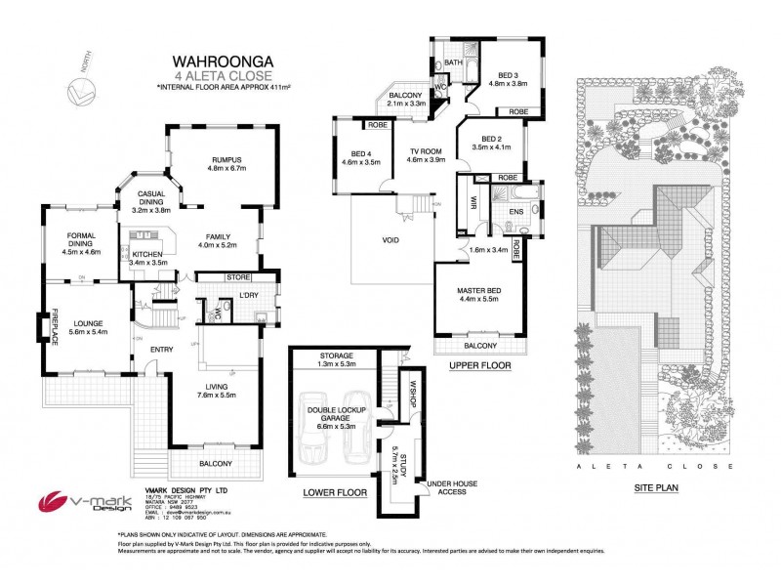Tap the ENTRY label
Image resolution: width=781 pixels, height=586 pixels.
tap(161, 349)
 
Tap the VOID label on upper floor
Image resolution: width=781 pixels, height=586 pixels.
tap(384, 238)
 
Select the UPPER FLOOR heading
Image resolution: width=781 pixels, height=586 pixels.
tap(480, 366)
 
